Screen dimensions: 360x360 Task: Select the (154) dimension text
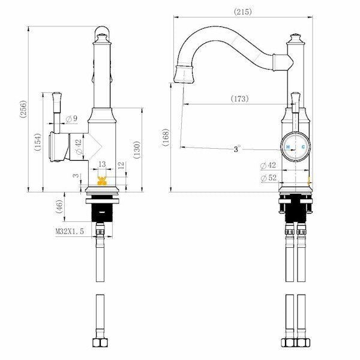[x=37, y=143]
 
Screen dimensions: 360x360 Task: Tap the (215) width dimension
[x=243, y=11]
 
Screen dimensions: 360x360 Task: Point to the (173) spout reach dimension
[x=239, y=98]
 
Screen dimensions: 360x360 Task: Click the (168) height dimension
[x=166, y=137]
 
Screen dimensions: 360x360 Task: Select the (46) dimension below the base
[x=59, y=208]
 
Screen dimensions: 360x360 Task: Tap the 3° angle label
[x=237, y=149]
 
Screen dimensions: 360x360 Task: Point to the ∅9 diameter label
[x=71, y=119]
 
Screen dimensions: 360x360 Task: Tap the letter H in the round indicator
[x=288, y=146]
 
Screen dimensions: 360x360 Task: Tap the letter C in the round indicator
[x=302, y=146]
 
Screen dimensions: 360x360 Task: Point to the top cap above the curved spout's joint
[x=295, y=38]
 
